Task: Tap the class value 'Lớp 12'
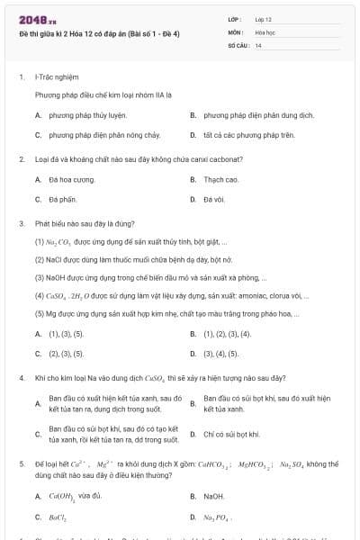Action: [264, 19]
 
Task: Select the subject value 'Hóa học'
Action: [265, 31]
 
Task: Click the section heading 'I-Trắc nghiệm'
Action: [55, 77]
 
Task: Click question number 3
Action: [21, 222]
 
